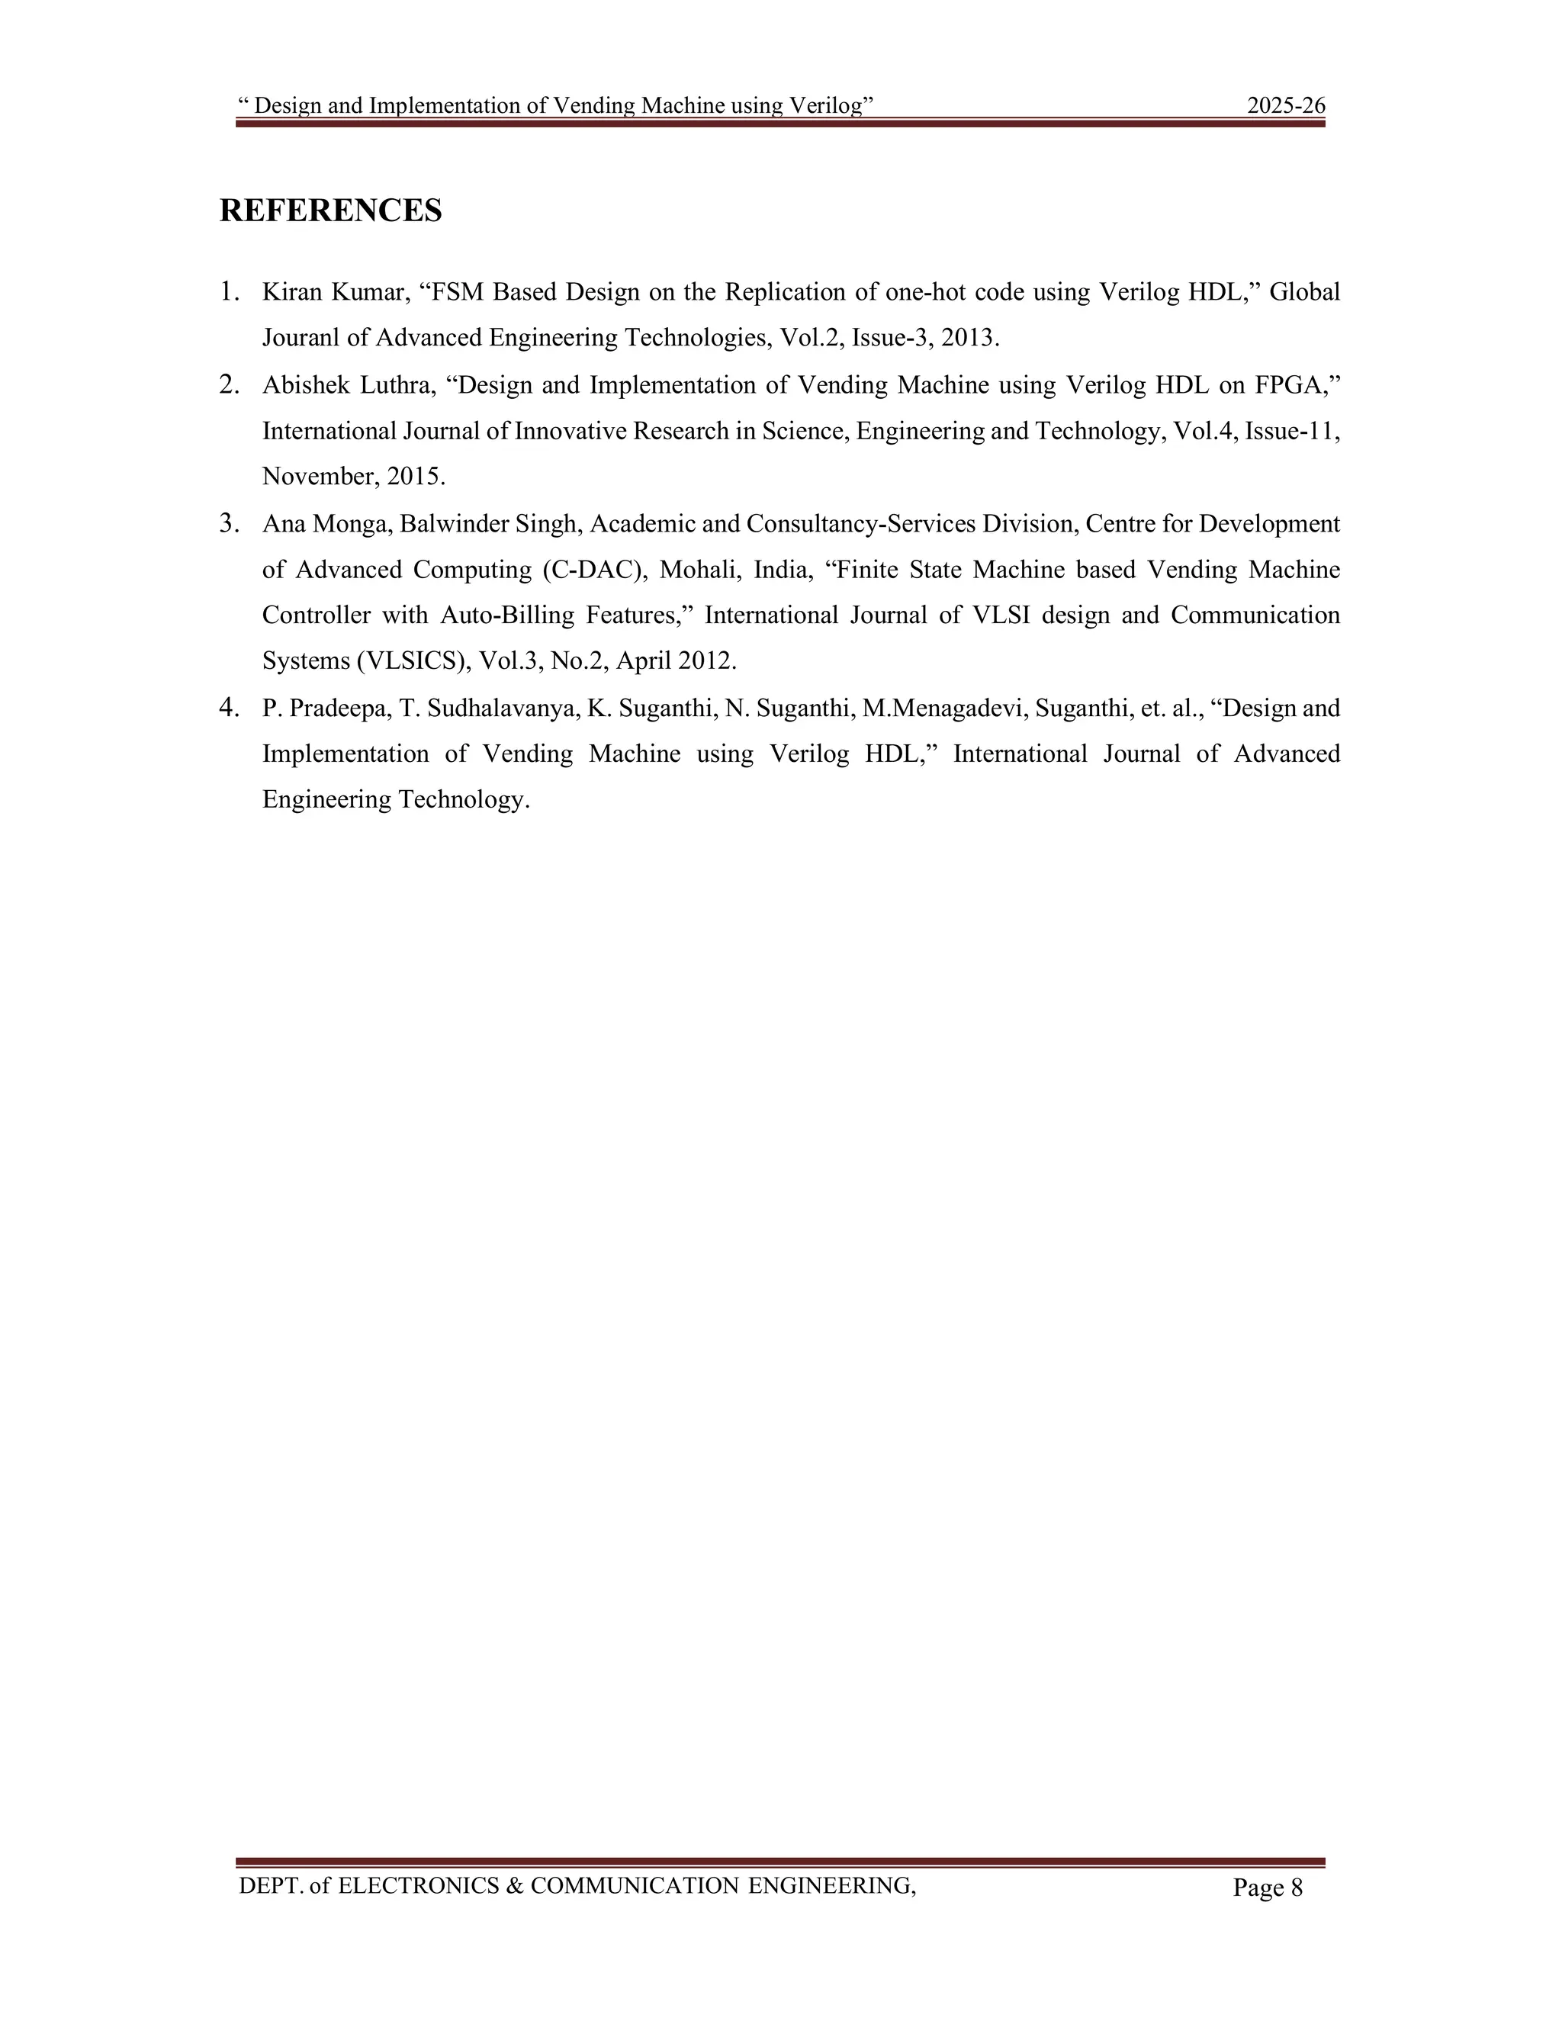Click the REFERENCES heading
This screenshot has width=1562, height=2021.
[x=330, y=211]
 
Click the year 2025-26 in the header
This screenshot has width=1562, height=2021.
[x=1285, y=105]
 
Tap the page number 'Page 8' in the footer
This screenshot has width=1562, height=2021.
[x=1267, y=1888]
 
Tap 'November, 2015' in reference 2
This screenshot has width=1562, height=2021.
[x=353, y=477]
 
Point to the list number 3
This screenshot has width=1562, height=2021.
[x=229, y=524]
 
